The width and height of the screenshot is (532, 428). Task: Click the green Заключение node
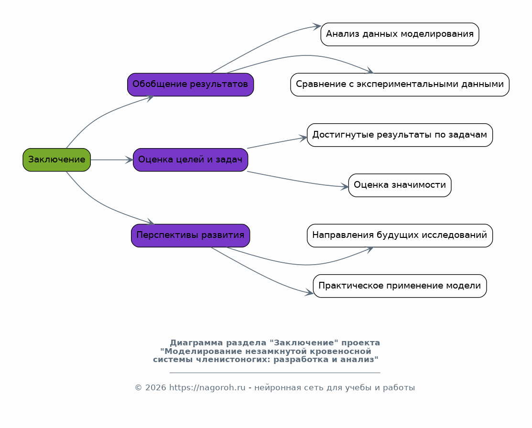click(57, 160)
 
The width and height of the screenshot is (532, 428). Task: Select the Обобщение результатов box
click(190, 85)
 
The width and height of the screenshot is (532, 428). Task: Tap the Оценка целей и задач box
click(190, 160)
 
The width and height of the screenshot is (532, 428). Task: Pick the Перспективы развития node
click(190, 235)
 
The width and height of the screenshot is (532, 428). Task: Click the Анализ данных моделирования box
click(400, 34)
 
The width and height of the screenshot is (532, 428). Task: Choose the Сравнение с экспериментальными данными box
click(400, 85)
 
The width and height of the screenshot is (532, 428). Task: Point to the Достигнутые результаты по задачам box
click(400, 135)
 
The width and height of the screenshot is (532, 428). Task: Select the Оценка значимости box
click(400, 185)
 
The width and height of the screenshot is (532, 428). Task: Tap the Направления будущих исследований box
click(400, 235)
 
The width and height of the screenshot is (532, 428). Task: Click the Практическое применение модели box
click(400, 286)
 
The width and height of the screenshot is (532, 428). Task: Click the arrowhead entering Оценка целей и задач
click(129, 160)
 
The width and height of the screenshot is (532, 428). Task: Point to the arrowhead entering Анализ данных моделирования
click(317, 26)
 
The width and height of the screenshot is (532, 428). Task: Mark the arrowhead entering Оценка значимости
click(345, 186)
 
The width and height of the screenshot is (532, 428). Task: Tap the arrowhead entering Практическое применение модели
click(309, 292)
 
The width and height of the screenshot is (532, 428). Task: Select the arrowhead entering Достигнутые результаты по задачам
click(303, 138)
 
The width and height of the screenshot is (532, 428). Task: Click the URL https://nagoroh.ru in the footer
click(207, 388)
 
